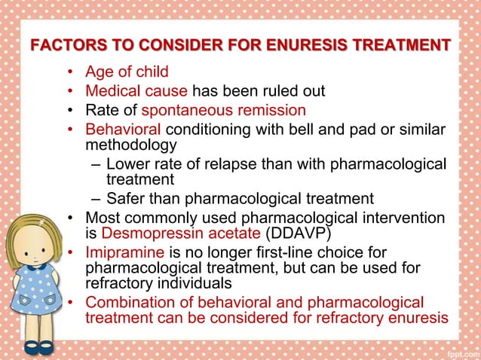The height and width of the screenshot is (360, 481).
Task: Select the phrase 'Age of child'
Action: [127, 73]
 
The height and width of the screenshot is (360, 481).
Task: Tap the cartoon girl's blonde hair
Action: [27, 226]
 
